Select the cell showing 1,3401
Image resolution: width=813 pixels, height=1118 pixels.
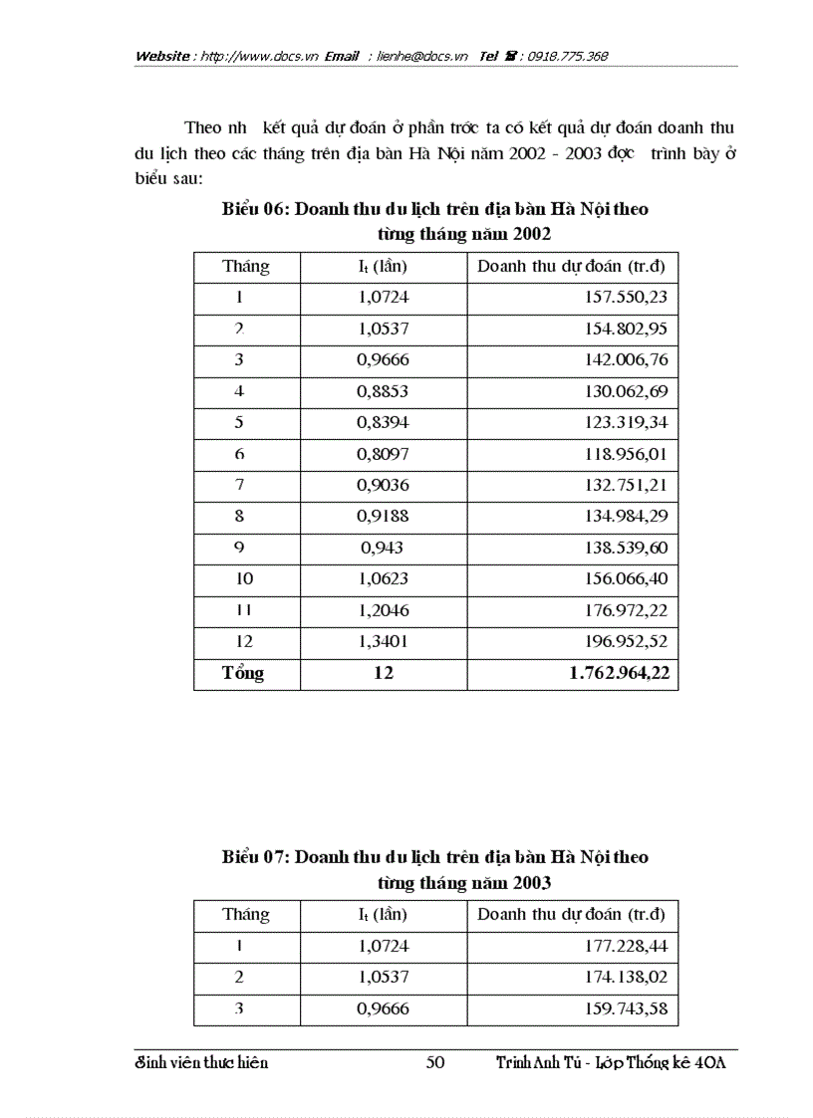(384, 641)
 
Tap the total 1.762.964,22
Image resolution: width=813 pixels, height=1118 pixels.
(619, 673)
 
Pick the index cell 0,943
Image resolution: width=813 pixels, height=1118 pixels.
(382, 548)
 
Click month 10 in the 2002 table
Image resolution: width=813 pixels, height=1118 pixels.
(244, 578)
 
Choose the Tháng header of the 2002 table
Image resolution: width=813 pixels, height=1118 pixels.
(245, 266)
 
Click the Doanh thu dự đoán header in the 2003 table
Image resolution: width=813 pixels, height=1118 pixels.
(571, 914)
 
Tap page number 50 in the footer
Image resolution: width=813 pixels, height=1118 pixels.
(434, 1063)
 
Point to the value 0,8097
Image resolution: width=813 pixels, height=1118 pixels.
(384, 454)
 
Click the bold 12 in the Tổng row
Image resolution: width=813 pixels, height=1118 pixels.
(384, 673)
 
